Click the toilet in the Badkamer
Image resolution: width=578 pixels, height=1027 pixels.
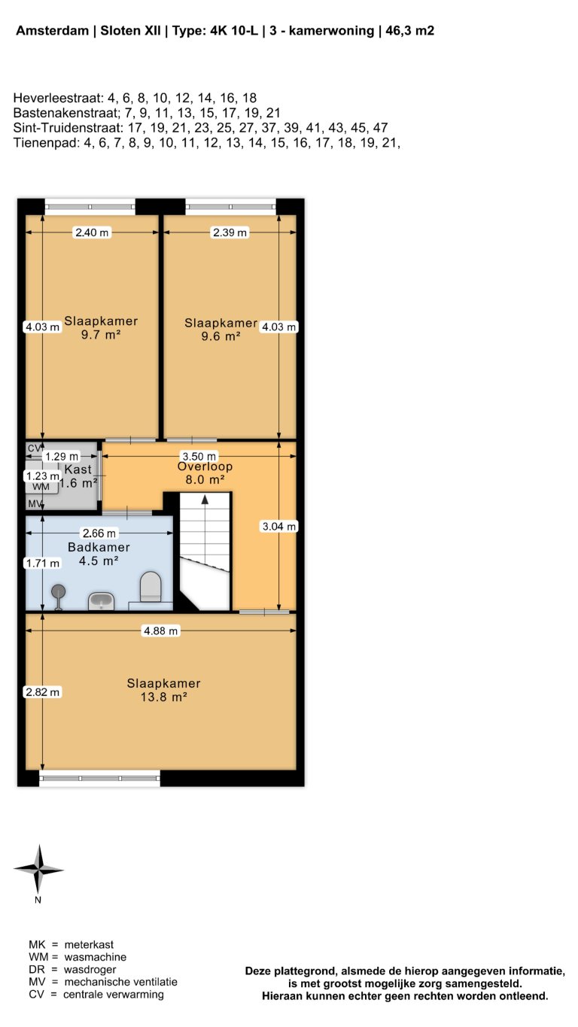[151, 587]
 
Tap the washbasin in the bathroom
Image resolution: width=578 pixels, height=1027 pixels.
[101, 601]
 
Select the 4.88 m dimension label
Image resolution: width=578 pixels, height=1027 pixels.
[161, 631]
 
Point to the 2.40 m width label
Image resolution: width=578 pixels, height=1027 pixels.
[92, 233]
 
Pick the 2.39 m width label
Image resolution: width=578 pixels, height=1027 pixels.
[230, 233]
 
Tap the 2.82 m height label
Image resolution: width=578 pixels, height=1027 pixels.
[42, 692]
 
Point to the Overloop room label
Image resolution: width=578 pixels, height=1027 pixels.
[205, 466]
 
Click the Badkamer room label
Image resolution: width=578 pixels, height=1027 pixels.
[99, 547]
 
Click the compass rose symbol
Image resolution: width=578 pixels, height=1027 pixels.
[38, 869]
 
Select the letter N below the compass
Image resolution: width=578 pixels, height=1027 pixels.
[38, 900]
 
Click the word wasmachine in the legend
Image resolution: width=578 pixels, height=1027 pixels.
[95, 957]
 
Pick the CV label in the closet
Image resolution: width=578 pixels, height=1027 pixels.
[34, 448]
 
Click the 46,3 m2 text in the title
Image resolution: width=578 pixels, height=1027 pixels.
[409, 31]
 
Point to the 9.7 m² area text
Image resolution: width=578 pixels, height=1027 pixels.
[102, 335]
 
